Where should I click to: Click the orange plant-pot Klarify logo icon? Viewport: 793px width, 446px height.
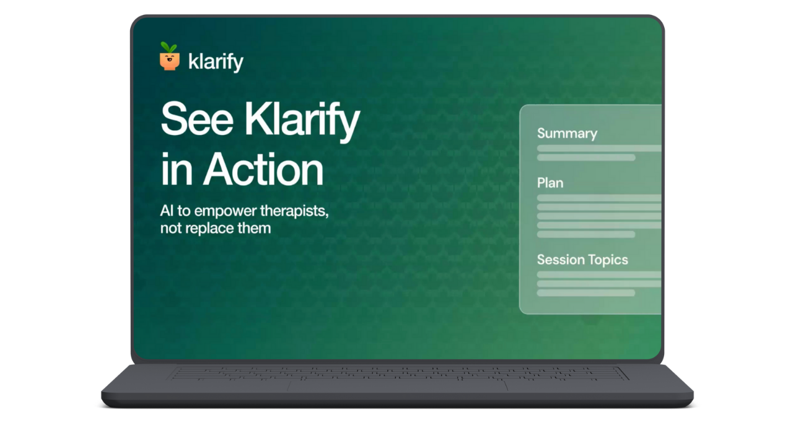(x=169, y=60)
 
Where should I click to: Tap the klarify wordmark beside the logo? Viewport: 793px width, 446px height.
(x=215, y=63)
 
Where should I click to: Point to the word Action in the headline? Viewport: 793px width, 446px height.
(x=263, y=169)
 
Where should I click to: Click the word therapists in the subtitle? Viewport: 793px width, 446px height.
(x=295, y=211)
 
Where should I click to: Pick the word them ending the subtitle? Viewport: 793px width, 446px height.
(x=255, y=227)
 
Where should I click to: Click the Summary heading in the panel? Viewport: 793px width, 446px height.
(x=567, y=133)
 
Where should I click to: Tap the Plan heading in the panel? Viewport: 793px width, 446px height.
(x=550, y=183)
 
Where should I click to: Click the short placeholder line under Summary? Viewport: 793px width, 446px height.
(x=586, y=157)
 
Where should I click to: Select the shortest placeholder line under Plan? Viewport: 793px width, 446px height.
(x=586, y=234)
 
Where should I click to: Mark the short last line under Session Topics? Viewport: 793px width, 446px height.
(x=586, y=292)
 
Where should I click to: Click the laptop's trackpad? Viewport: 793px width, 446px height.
(x=397, y=385)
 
